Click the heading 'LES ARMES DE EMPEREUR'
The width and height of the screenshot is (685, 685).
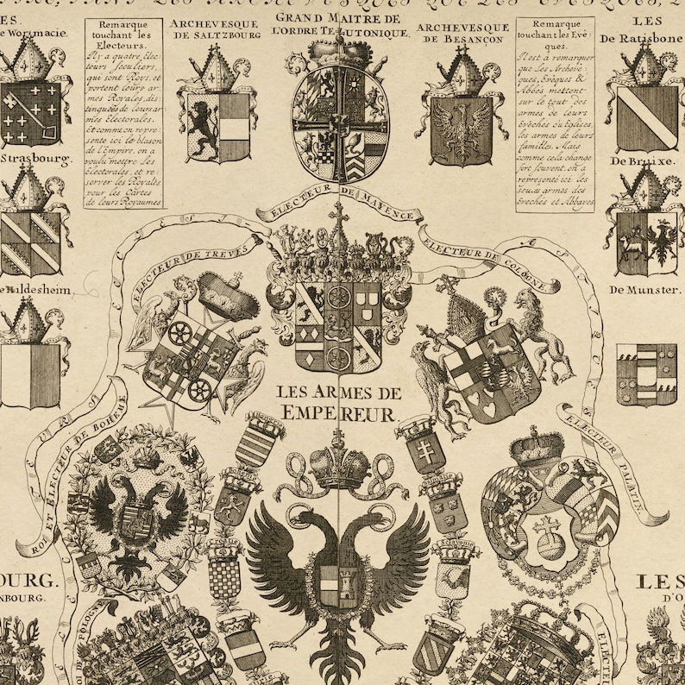336,402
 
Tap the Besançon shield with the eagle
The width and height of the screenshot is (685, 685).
462,129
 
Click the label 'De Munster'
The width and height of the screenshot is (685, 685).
644,291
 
